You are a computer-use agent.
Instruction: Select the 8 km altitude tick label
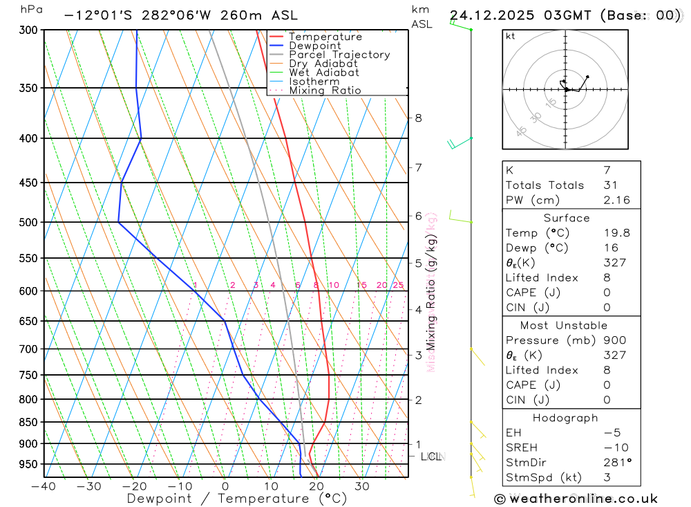(418, 118)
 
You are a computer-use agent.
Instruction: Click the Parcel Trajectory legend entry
(339, 55)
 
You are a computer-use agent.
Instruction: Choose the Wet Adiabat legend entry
(323, 73)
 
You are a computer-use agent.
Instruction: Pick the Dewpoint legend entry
(315, 46)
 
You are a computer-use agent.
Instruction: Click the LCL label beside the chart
(432, 457)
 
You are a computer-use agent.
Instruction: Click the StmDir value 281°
(617, 463)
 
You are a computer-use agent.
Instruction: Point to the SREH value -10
(613, 448)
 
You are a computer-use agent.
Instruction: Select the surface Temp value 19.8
(616, 233)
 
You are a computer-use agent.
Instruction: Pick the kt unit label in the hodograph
(511, 36)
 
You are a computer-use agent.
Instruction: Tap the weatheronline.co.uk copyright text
(576, 499)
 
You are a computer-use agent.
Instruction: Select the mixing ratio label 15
(361, 285)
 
